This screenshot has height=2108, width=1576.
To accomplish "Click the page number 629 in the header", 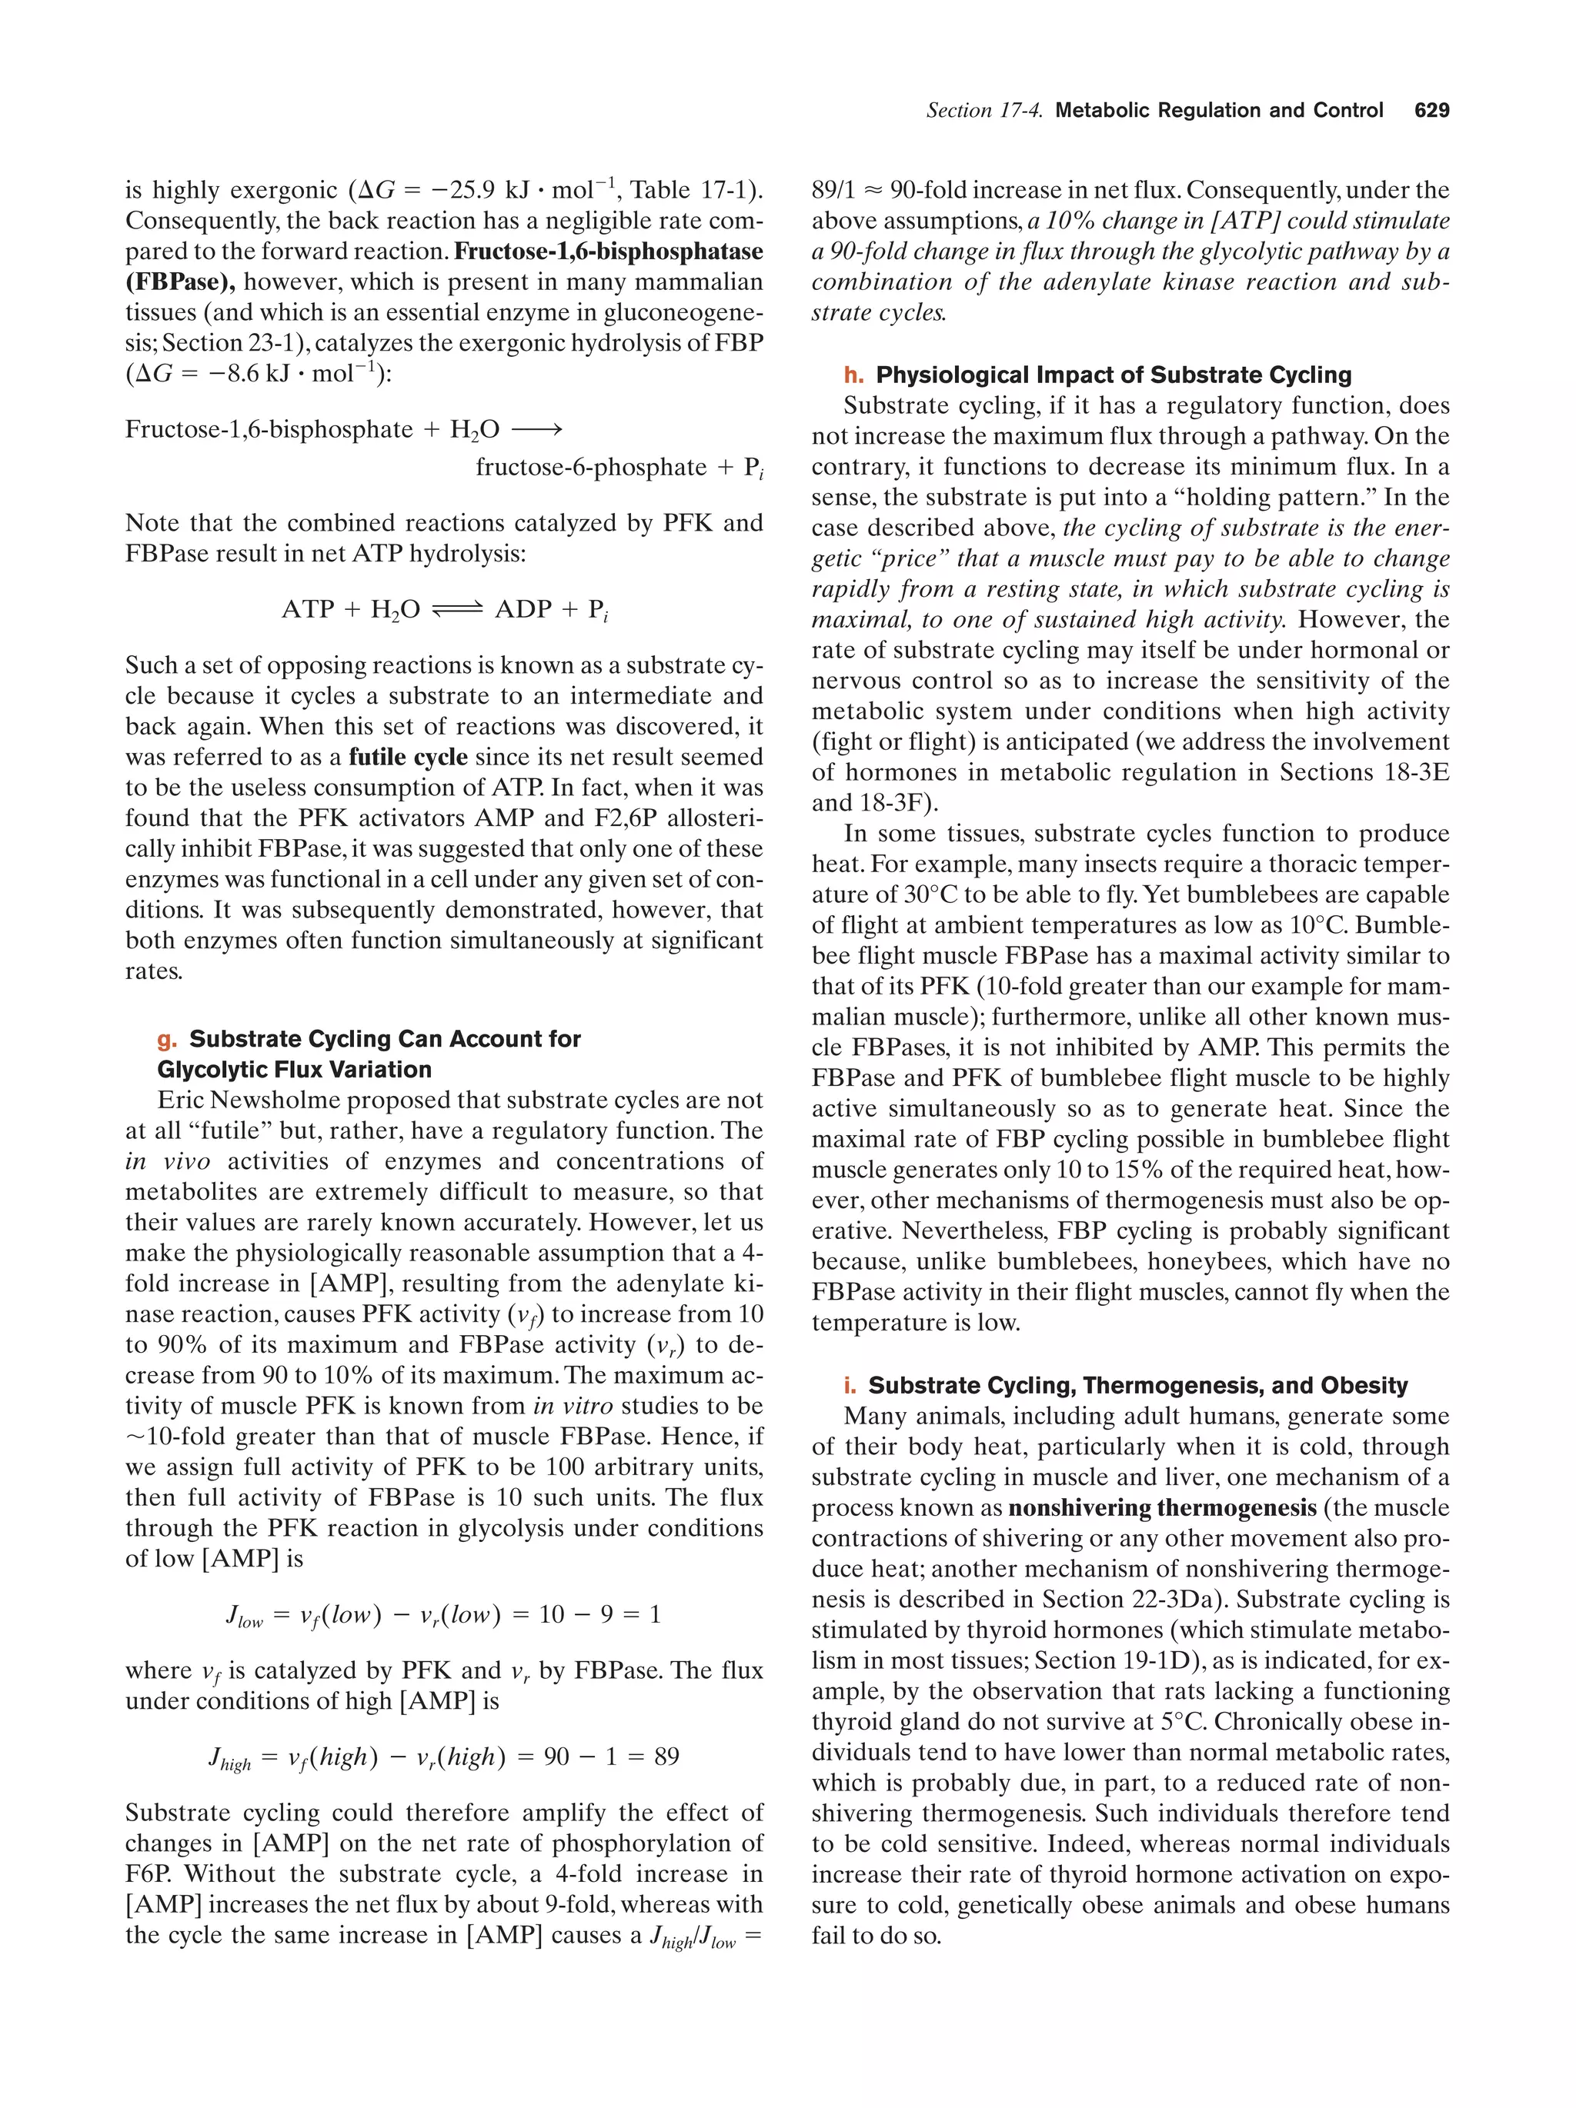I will (x=1431, y=111).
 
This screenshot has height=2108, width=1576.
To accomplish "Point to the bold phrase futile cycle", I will (x=408, y=757).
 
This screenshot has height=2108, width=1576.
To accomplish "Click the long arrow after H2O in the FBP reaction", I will (x=537, y=430).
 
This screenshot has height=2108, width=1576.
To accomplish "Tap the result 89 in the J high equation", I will (x=666, y=1757).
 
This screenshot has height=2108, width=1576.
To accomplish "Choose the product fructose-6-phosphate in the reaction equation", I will (x=588, y=468).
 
